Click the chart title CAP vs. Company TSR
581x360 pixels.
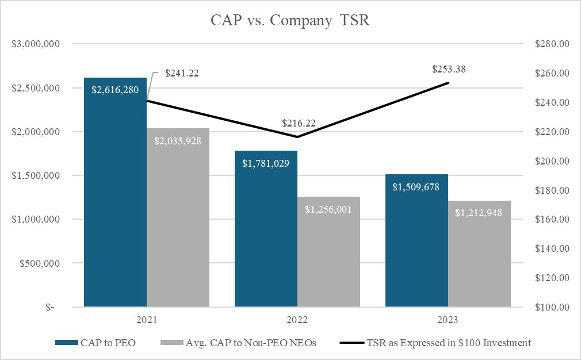[x=290, y=21]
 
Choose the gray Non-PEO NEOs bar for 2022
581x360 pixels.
[x=328, y=253]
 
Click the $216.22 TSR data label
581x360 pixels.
[x=299, y=123]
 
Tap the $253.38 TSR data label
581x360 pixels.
[x=449, y=70]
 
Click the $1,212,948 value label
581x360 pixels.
[x=479, y=213]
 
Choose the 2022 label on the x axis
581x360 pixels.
[x=297, y=319]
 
